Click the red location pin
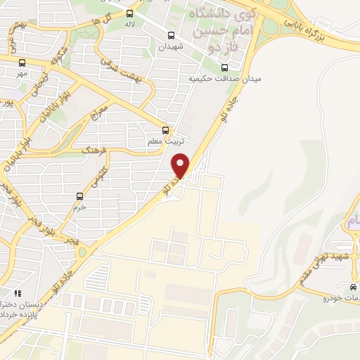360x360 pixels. [x=181, y=165]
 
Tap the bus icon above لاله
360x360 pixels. [x=129, y=13]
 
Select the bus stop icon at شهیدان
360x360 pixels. [x=171, y=35]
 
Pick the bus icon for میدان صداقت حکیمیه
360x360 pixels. [x=224, y=68]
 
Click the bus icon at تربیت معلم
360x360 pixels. [x=166, y=130]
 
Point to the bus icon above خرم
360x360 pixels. [x=79, y=196]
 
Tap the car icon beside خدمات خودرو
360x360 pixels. [x=352, y=287]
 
